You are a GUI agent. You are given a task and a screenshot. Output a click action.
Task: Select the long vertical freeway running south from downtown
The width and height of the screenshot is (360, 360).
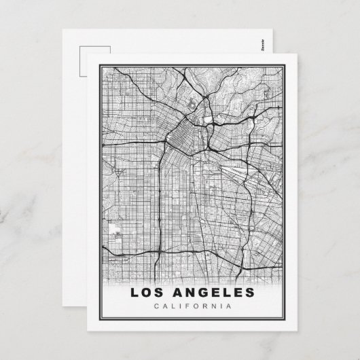160,204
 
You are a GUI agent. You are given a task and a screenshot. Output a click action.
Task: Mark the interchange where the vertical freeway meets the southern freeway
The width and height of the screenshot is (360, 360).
160,253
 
